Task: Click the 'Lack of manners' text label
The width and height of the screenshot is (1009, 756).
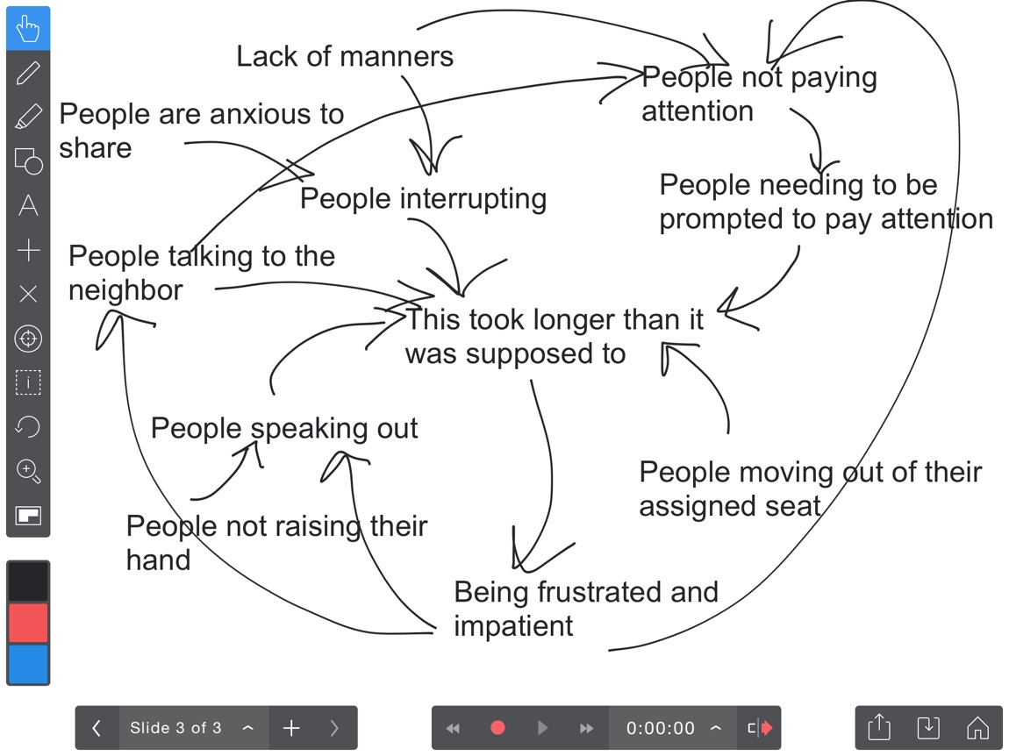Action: pos(345,57)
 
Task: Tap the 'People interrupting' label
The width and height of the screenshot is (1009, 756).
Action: pos(423,198)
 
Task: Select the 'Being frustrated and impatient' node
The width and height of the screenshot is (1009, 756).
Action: pos(585,609)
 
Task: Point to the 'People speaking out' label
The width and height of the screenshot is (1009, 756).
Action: pos(284,429)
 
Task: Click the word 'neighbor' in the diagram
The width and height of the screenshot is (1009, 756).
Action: pos(125,290)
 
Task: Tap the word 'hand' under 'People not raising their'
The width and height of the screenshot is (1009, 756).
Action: pos(158,560)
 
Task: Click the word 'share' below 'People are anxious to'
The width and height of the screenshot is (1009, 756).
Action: pos(95,148)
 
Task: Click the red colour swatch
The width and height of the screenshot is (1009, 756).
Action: pos(28,623)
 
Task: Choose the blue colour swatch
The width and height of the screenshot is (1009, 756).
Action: pos(28,664)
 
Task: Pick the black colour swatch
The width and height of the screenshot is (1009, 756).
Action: pos(28,581)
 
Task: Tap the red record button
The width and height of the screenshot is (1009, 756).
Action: pos(497,728)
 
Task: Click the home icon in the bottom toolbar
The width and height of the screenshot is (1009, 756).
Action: pos(977,728)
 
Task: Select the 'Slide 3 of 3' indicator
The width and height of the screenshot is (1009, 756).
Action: pos(175,728)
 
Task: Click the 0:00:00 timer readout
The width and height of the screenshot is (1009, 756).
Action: pos(660,728)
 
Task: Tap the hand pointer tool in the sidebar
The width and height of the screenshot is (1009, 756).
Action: pos(28,29)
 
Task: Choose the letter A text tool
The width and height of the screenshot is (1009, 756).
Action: pos(28,206)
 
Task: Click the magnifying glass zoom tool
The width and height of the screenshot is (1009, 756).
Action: pos(28,471)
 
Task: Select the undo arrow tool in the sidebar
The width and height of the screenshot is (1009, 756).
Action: pos(28,427)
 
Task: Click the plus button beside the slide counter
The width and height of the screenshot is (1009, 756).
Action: pos(291,728)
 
